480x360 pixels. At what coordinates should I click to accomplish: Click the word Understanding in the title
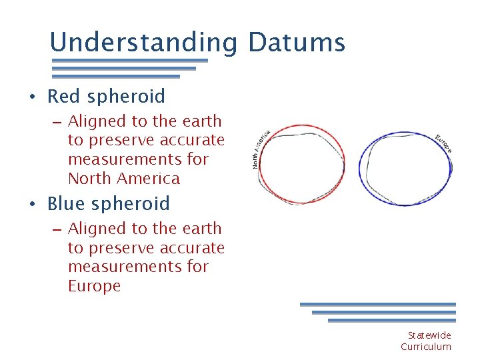[x=143, y=43]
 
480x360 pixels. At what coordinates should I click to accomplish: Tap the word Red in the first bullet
[x=63, y=97]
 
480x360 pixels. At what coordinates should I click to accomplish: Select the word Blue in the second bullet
[x=66, y=204]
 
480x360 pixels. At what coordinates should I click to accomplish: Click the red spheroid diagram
[x=301, y=164]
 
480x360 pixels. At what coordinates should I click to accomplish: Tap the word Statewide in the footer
[x=429, y=335]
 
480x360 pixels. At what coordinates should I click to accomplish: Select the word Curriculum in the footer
[x=426, y=347]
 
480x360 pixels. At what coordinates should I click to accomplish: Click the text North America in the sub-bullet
[x=124, y=179]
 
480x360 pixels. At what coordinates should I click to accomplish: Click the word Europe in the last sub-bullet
[x=94, y=286]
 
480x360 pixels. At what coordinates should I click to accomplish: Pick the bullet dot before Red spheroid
[x=32, y=98]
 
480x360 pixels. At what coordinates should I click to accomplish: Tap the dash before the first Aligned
[x=56, y=123]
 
